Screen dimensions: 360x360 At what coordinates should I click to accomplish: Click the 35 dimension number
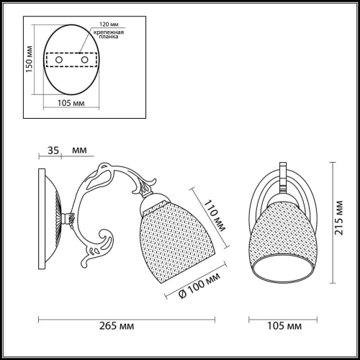pyautogui.click(x=53, y=152)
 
